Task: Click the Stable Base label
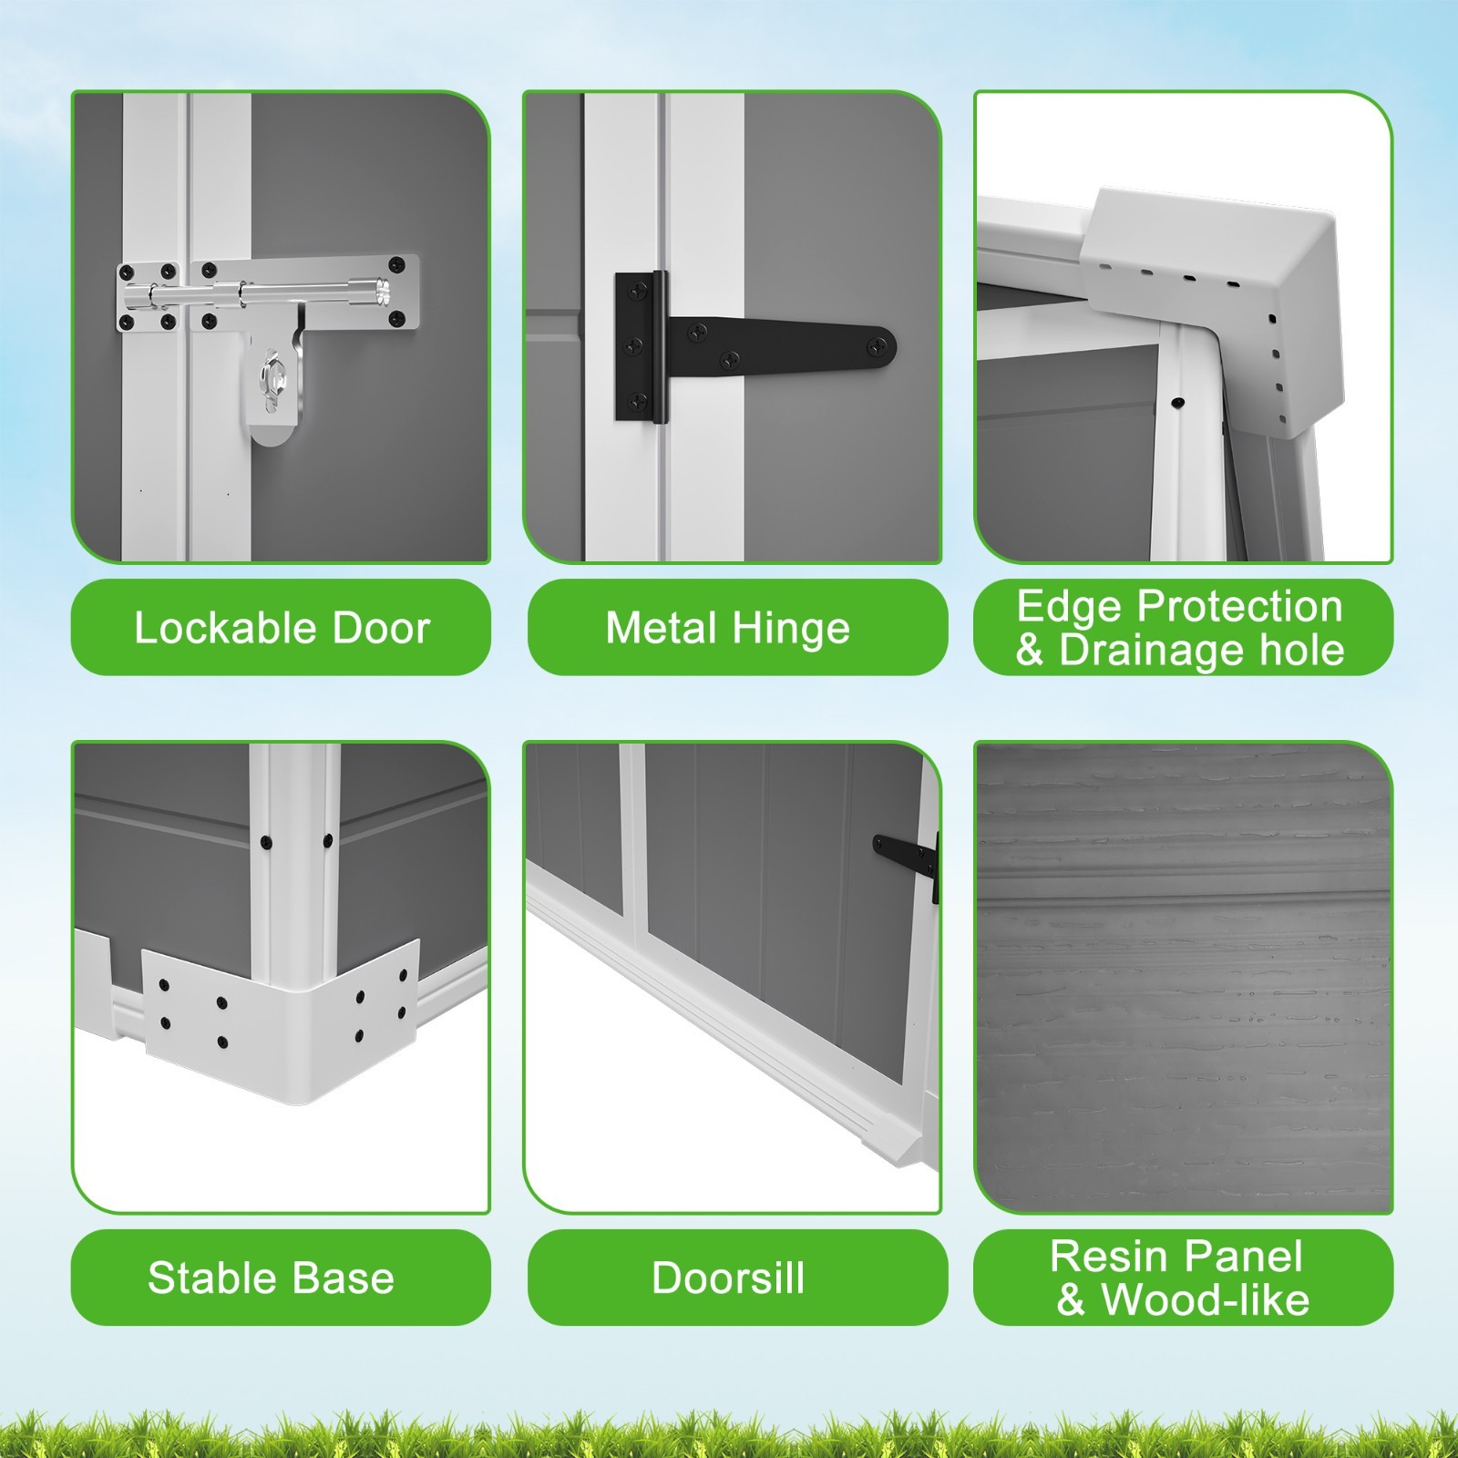pyautogui.click(x=272, y=1278)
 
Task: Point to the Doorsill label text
pyautogui.click(x=728, y=1278)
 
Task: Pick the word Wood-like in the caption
pyautogui.click(x=1206, y=1299)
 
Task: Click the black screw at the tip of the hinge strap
pyautogui.click(x=879, y=344)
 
